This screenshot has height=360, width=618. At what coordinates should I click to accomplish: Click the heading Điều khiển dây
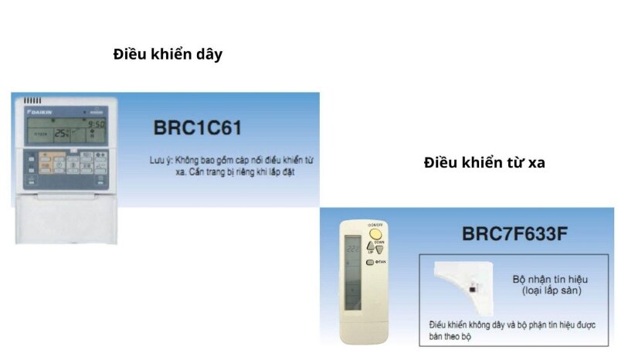point(168,54)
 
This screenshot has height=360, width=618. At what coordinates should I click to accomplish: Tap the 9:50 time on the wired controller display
point(96,124)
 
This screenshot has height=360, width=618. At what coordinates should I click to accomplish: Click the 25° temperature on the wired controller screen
point(63,133)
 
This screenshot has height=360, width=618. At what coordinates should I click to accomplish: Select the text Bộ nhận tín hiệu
point(545,279)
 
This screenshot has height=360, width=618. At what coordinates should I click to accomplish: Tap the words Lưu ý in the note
point(160,161)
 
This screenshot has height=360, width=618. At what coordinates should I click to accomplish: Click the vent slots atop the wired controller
point(32,100)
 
